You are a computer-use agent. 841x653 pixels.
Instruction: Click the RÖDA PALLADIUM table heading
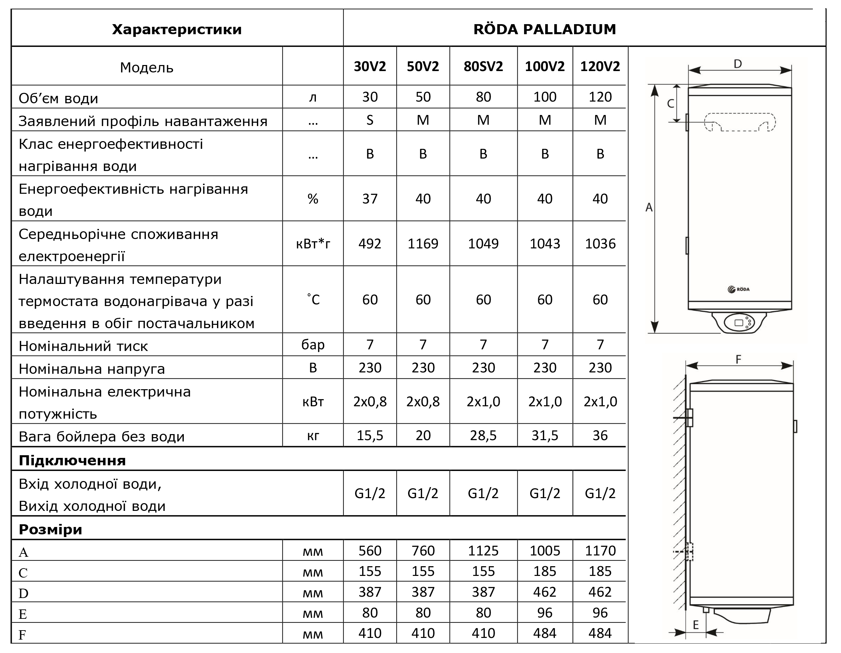click(545, 29)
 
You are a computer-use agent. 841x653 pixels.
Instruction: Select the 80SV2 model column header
click(483, 67)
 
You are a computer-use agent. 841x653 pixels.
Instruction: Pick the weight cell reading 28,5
click(483, 435)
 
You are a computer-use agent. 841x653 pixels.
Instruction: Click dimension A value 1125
click(483, 550)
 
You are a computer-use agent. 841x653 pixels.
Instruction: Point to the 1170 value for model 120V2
click(600, 550)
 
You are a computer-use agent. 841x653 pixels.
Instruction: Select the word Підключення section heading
click(72, 461)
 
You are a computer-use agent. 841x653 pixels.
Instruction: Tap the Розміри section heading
click(50, 529)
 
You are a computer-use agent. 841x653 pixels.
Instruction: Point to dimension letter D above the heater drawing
click(737, 64)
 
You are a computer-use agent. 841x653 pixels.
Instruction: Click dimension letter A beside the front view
click(649, 207)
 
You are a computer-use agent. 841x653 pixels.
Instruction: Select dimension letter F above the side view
click(738, 359)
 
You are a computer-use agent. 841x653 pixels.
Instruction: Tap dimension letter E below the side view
click(696, 625)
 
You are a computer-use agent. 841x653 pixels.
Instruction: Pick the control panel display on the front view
click(739, 323)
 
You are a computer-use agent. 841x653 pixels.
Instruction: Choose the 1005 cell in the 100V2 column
click(545, 550)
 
